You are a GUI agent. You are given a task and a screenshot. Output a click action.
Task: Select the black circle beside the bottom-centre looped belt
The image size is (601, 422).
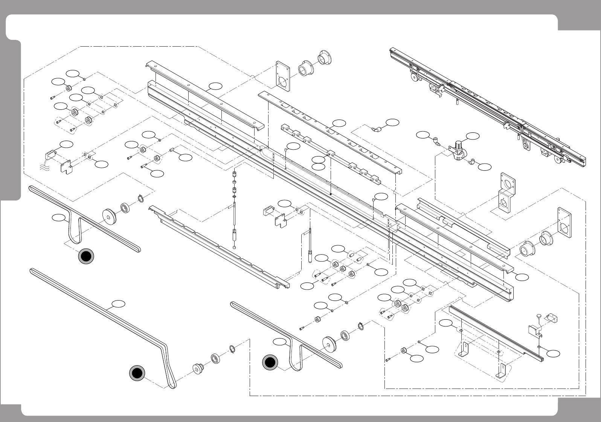pyautogui.click(x=270, y=363)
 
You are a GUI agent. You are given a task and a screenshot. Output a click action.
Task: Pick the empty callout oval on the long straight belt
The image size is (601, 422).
pyautogui.click(x=119, y=303)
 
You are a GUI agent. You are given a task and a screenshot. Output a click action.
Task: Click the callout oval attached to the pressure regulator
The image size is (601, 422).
pyautogui.click(x=473, y=135)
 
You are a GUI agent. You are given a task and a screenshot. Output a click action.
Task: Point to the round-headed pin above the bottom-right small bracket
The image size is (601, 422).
pyautogui.click(x=539, y=316)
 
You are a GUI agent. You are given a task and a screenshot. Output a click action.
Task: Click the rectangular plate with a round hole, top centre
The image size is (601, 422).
pyautogui.click(x=282, y=76)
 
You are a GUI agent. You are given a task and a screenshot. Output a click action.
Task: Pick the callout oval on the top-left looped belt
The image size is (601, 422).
pyautogui.click(x=58, y=217)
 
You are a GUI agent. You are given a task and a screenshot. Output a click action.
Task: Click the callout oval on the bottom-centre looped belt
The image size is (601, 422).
pyautogui.click(x=280, y=341)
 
